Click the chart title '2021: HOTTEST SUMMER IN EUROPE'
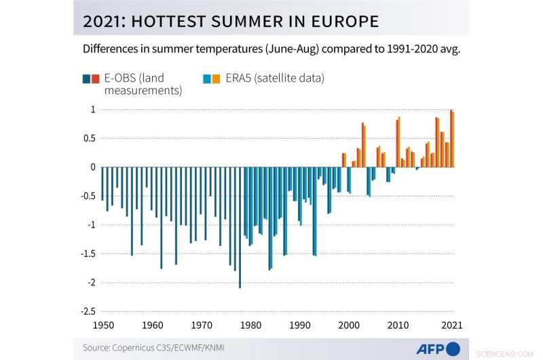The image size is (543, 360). pyautogui.click(x=230, y=21)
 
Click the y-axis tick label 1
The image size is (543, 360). pyautogui.click(x=92, y=109)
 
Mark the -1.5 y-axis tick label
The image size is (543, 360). pyautogui.click(x=87, y=253)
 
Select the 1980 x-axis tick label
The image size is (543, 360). pyautogui.click(x=249, y=325)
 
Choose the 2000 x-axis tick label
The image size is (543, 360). pyautogui.click(x=348, y=325)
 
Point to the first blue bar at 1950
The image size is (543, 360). pyautogui.click(x=102, y=183)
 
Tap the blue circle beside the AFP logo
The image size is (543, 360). pyautogui.click(x=453, y=348)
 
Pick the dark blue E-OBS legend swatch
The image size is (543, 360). pyautogui.click(x=86, y=78)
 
